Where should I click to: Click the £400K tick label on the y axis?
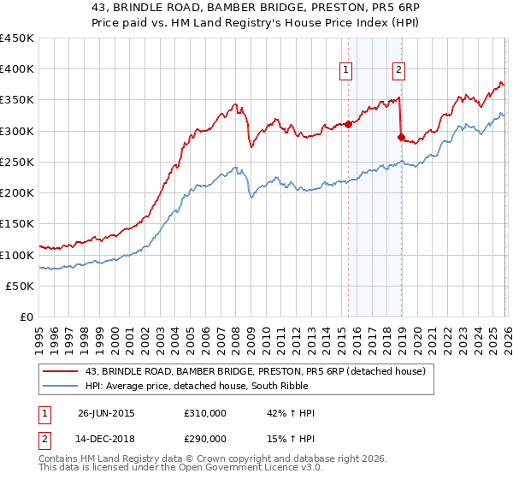pyautogui.click(x=17, y=69)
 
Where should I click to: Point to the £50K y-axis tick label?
pyautogui.click(x=20, y=286)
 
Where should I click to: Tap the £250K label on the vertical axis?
pyautogui.click(x=17, y=162)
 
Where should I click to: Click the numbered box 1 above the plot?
pyautogui.click(x=346, y=71)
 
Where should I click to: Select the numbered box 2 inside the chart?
pyautogui.click(x=399, y=71)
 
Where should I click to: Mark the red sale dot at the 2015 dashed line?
pyautogui.click(x=348, y=124)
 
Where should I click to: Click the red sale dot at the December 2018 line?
pyautogui.click(x=401, y=136)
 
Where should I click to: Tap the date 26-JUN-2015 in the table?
pyautogui.click(x=106, y=413)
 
